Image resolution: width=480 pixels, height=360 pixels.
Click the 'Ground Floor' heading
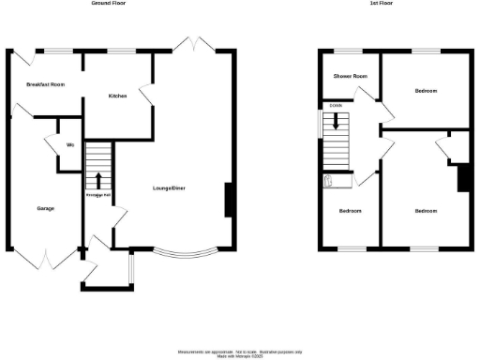click(x=109, y=4)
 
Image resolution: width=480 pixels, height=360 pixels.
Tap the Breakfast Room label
click(x=45, y=84)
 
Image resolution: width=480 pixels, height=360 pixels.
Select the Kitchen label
click(x=117, y=96)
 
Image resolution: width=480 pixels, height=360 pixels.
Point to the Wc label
click(x=70, y=144)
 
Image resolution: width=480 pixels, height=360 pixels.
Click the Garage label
click(x=43, y=207)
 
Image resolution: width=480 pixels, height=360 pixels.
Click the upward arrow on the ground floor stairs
click(x=98, y=180)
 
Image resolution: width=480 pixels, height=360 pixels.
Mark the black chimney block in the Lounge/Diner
click(x=229, y=201)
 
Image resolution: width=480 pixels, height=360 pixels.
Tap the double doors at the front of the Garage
click(x=45, y=256)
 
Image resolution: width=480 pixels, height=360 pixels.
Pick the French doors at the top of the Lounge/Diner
click(x=195, y=44)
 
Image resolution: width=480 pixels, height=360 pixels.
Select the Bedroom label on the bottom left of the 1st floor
click(x=351, y=211)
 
